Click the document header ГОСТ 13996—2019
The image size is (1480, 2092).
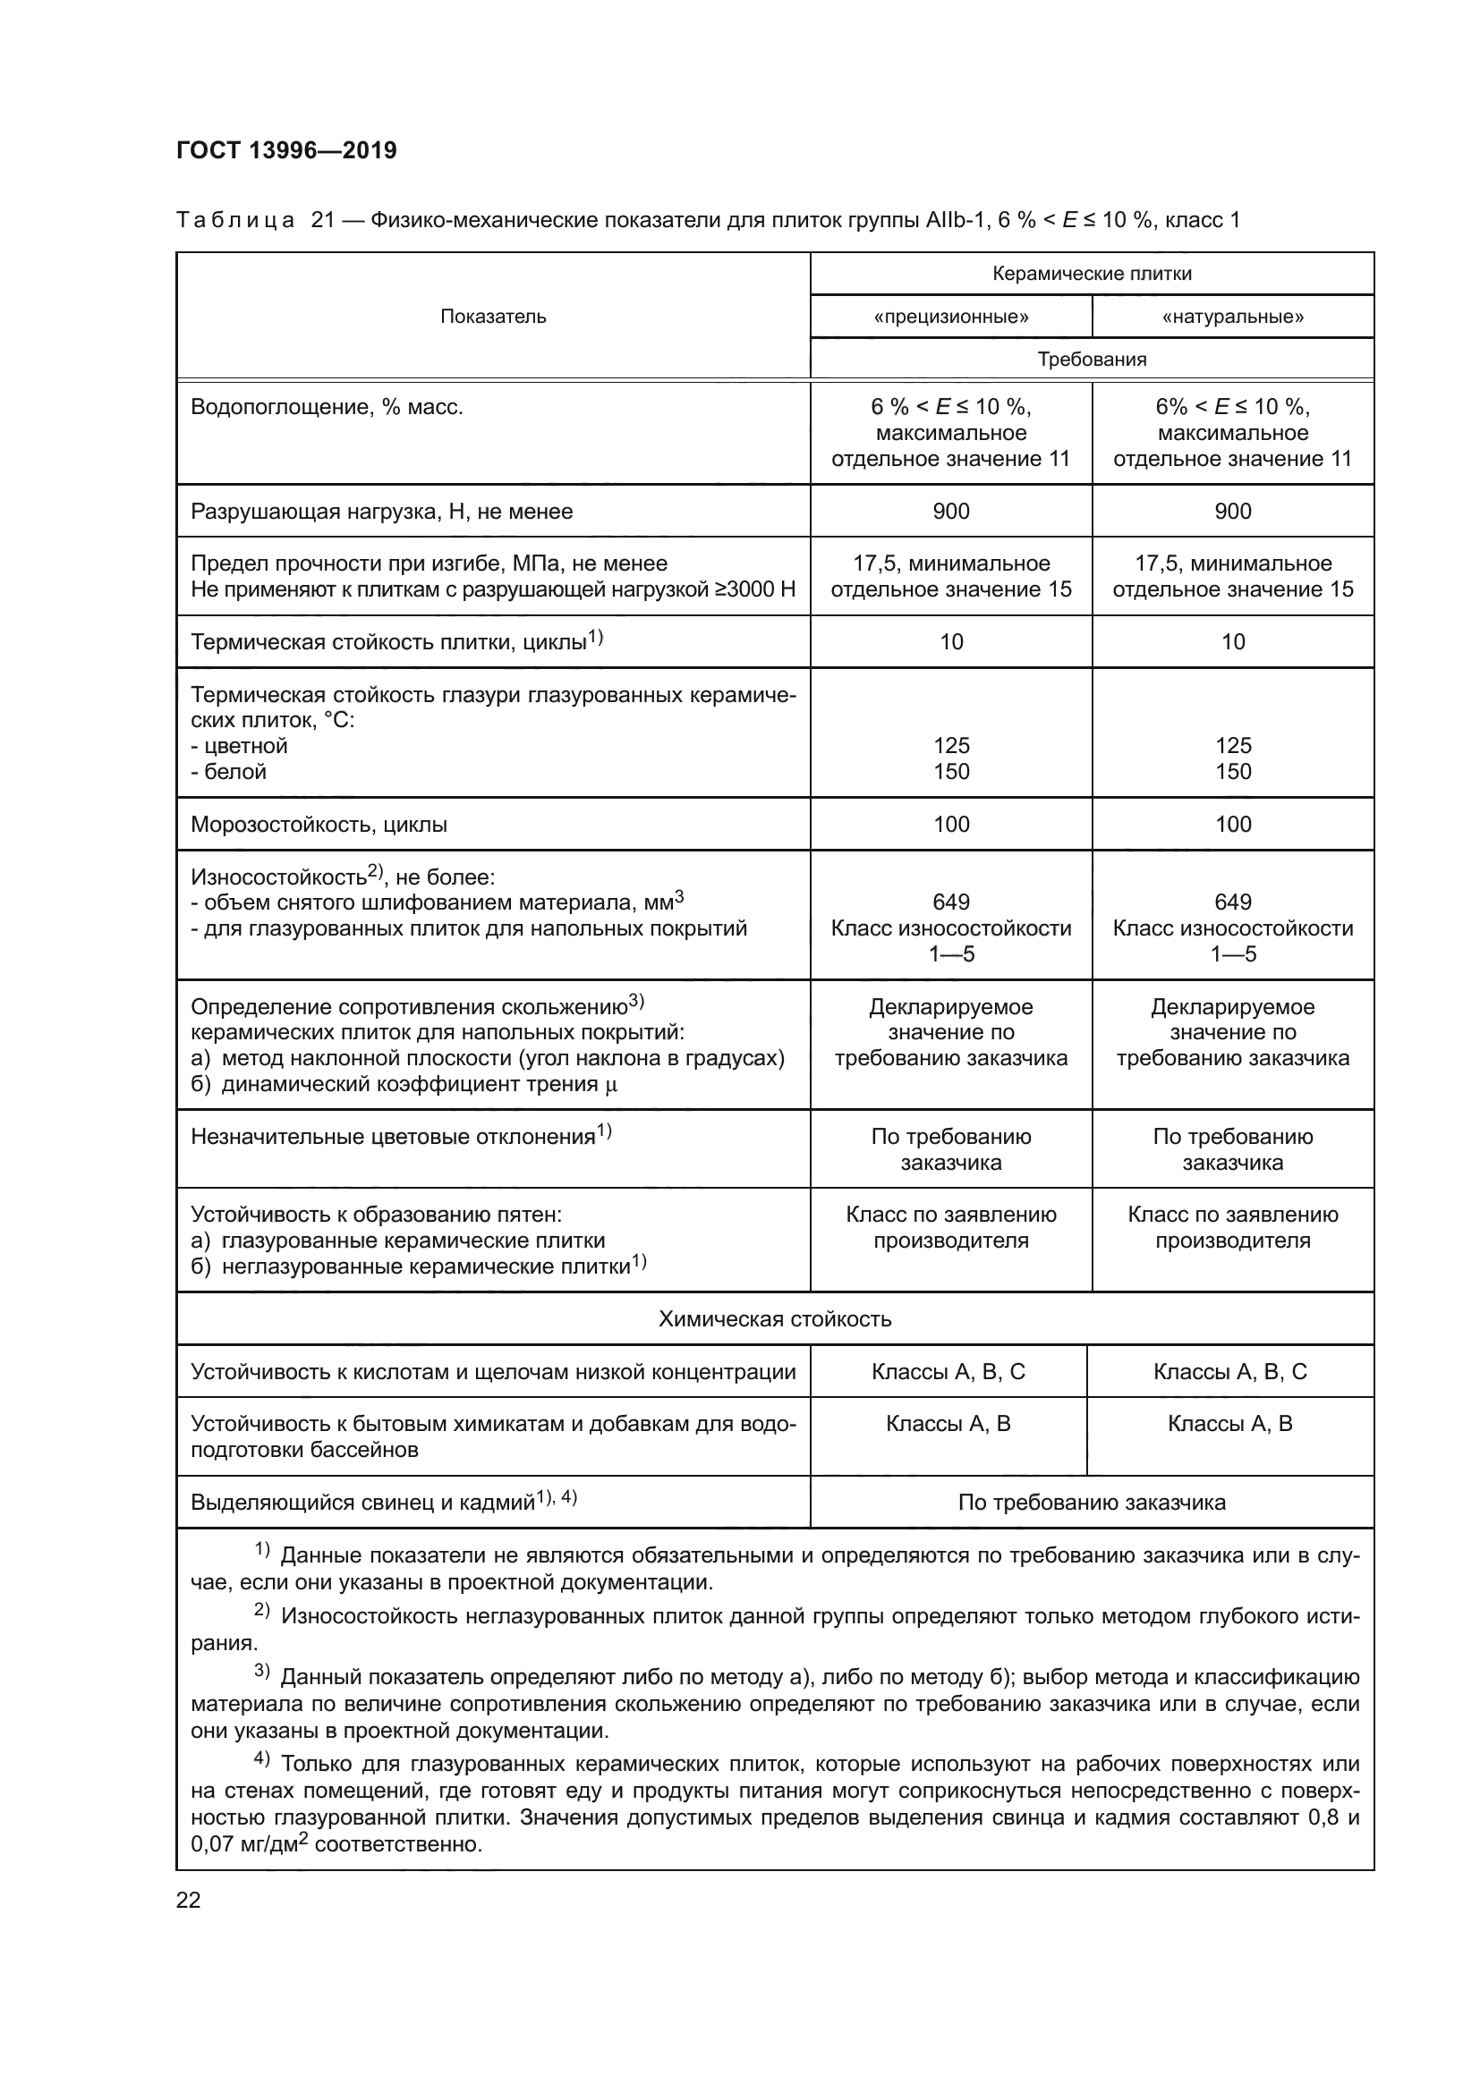(x=286, y=150)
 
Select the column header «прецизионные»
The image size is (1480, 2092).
(x=950, y=318)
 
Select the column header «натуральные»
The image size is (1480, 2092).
(x=1232, y=318)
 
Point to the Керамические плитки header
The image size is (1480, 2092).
(x=1091, y=274)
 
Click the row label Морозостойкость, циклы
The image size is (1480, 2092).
(x=318, y=825)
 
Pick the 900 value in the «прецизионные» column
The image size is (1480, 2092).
(x=950, y=512)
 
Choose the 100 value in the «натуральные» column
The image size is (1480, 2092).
(x=1232, y=825)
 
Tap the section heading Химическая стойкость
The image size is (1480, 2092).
(x=775, y=1318)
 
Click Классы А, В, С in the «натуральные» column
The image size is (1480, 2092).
(x=1229, y=1371)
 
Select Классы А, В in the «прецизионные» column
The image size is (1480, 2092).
(x=948, y=1423)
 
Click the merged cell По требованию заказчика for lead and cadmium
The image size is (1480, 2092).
(x=1091, y=1503)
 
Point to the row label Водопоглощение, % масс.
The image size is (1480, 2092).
(x=327, y=407)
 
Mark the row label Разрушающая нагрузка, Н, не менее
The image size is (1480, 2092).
(x=381, y=512)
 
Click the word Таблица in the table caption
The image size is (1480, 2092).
(x=234, y=221)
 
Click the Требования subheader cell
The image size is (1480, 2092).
(x=1091, y=359)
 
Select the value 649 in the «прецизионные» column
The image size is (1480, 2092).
(x=950, y=902)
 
